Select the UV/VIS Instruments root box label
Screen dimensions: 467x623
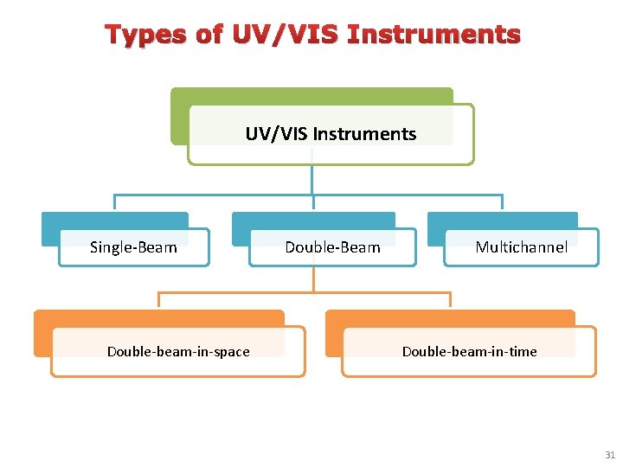click(331, 134)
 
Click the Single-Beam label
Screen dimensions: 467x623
click(133, 247)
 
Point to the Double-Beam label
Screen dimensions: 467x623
click(332, 247)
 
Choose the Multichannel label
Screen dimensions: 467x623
click(521, 247)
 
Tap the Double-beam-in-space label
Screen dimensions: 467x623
click(178, 351)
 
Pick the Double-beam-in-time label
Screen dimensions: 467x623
click(469, 351)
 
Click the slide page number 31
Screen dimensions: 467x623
click(610, 455)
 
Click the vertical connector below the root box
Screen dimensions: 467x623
click(312, 178)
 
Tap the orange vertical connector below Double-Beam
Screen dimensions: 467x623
click(314, 278)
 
